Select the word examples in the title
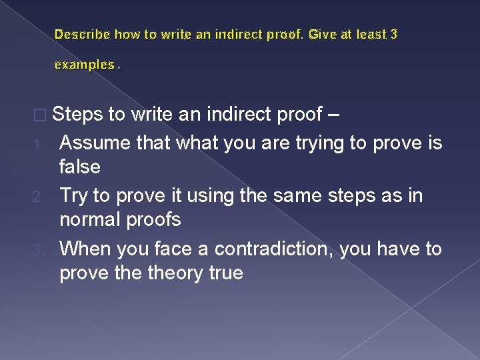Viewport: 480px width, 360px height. pos(84,65)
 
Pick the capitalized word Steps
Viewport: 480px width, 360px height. pos(79,115)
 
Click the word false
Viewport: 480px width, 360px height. pos(80,167)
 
